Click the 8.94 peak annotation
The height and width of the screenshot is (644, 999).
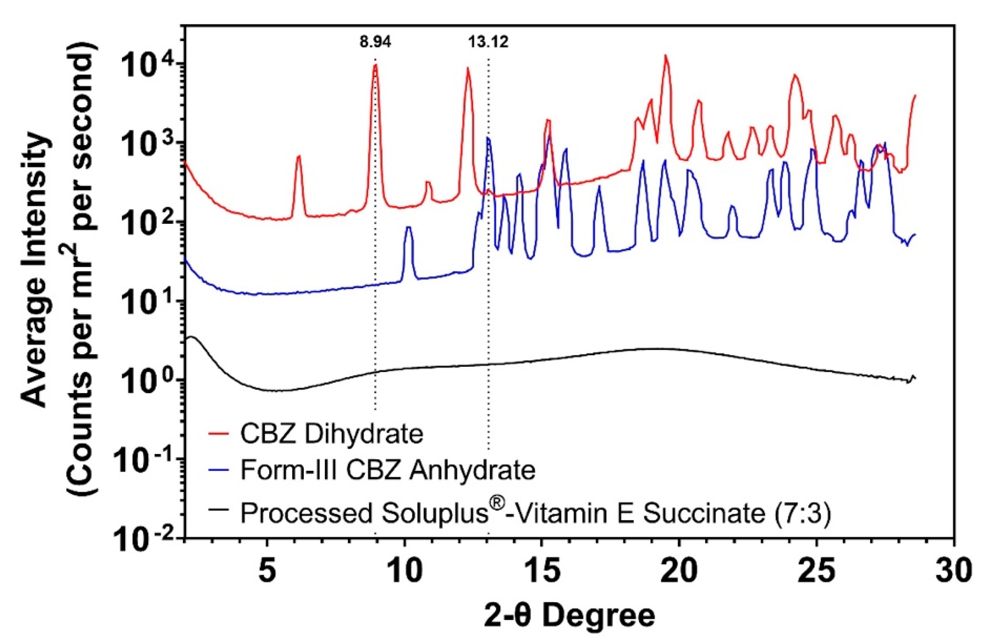[375, 43]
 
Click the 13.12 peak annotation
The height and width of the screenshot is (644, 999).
[488, 43]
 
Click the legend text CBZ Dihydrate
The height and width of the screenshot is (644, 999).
[331, 434]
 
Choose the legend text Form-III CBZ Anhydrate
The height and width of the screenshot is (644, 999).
[387, 470]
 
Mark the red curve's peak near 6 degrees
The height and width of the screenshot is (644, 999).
[299, 157]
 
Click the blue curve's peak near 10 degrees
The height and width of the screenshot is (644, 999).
[409, 228]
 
